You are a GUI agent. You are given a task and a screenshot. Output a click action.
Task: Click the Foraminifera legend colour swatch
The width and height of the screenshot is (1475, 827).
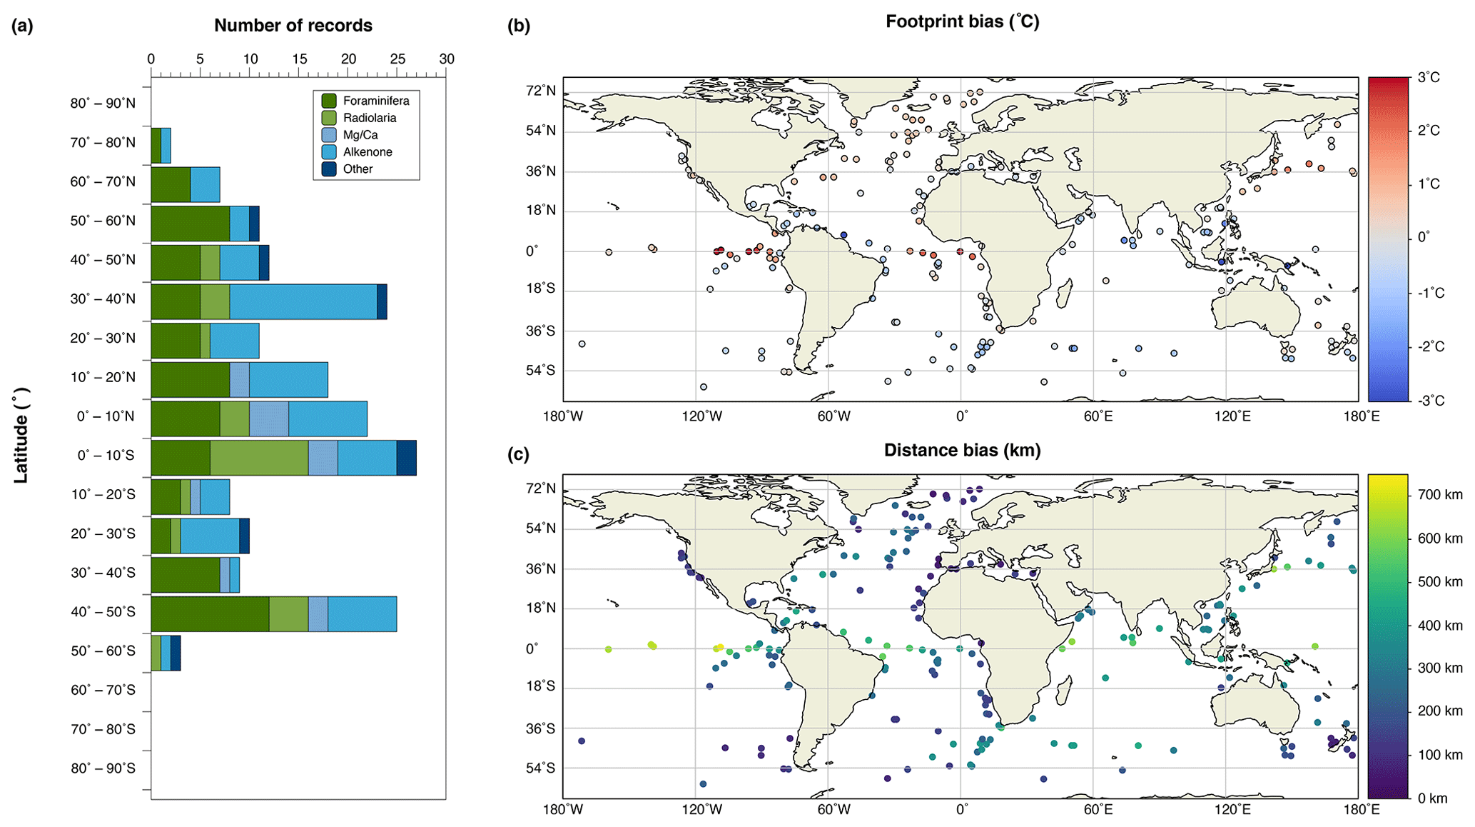329,101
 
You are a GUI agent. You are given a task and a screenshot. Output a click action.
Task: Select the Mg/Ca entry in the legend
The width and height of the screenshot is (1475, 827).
360,135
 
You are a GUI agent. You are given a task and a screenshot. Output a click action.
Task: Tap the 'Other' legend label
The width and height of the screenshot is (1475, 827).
358,169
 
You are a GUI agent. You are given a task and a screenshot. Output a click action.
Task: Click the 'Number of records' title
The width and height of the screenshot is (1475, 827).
293,26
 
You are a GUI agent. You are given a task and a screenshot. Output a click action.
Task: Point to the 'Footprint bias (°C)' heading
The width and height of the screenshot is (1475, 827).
962,21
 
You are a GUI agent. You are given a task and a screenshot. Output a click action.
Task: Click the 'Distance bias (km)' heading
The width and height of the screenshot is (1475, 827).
962,451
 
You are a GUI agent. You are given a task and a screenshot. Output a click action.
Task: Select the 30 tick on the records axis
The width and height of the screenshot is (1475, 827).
447,59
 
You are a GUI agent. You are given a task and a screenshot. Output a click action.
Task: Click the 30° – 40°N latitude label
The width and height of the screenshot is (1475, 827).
103,299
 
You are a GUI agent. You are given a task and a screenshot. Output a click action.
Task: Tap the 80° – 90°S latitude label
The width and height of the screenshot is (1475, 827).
103,768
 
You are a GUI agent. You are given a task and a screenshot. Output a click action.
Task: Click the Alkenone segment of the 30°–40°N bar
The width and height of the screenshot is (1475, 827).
303,301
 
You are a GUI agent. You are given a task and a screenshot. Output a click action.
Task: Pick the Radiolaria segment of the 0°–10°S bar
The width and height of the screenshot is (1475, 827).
259,458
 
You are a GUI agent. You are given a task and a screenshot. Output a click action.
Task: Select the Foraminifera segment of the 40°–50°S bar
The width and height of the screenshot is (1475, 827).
210,614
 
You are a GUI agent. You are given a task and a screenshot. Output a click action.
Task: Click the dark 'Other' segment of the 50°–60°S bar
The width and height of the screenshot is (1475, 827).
176,653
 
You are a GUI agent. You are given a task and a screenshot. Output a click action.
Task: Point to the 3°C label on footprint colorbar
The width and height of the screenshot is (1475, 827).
1428,78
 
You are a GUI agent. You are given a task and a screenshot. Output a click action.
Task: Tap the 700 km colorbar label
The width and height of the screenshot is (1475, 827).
1439,495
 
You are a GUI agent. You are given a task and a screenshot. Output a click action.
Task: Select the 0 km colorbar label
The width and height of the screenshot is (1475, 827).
1432,798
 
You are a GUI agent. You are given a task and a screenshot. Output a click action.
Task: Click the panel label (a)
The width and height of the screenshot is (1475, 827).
22,26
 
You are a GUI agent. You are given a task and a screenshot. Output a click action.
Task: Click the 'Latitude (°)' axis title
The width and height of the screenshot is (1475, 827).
21,436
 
